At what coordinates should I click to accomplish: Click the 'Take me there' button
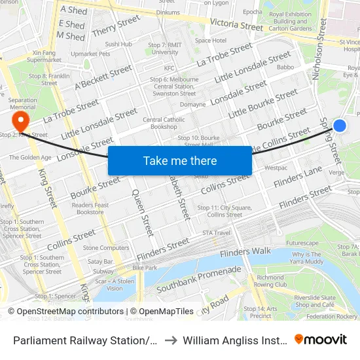[180, 160]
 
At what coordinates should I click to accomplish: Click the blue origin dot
[339, 126]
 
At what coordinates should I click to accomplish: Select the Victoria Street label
[236, 24]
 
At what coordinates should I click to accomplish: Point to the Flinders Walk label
[245, 252]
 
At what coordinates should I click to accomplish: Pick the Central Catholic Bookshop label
[160, 123]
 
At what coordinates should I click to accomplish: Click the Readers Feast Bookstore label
[90, 208]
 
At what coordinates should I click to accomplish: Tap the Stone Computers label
[106, 248]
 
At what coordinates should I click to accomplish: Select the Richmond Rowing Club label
[271, 281]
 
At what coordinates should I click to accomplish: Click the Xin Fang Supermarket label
[45, 56]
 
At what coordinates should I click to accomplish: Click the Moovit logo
[321, 340]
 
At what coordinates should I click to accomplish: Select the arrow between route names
[169, 340]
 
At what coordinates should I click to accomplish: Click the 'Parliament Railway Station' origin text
[85, 340]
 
